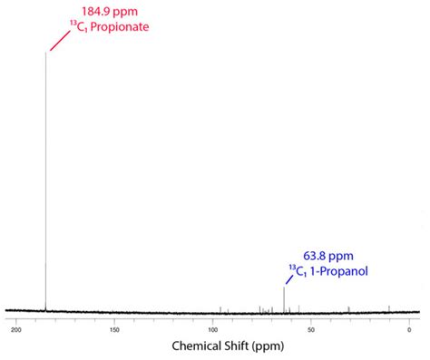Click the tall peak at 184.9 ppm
(45, 181)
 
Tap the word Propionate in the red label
(120, 27)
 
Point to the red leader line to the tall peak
(58, 40)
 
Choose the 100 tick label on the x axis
(213, 329)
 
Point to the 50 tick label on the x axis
(311, 329)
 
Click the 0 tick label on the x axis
(410, 329)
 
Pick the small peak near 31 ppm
(349, 308)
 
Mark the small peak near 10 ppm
(389, 307)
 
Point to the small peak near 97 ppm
(220, 308)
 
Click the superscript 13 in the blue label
(293, 267)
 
